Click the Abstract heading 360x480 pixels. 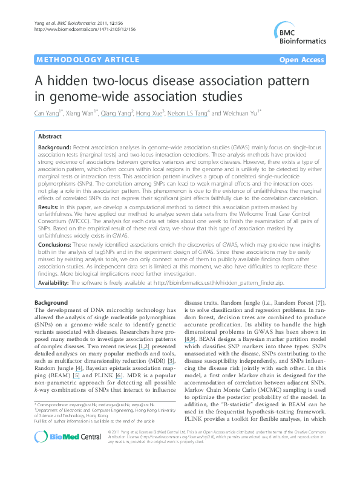coord(50,137)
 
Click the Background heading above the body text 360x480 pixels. coord(51,302)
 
